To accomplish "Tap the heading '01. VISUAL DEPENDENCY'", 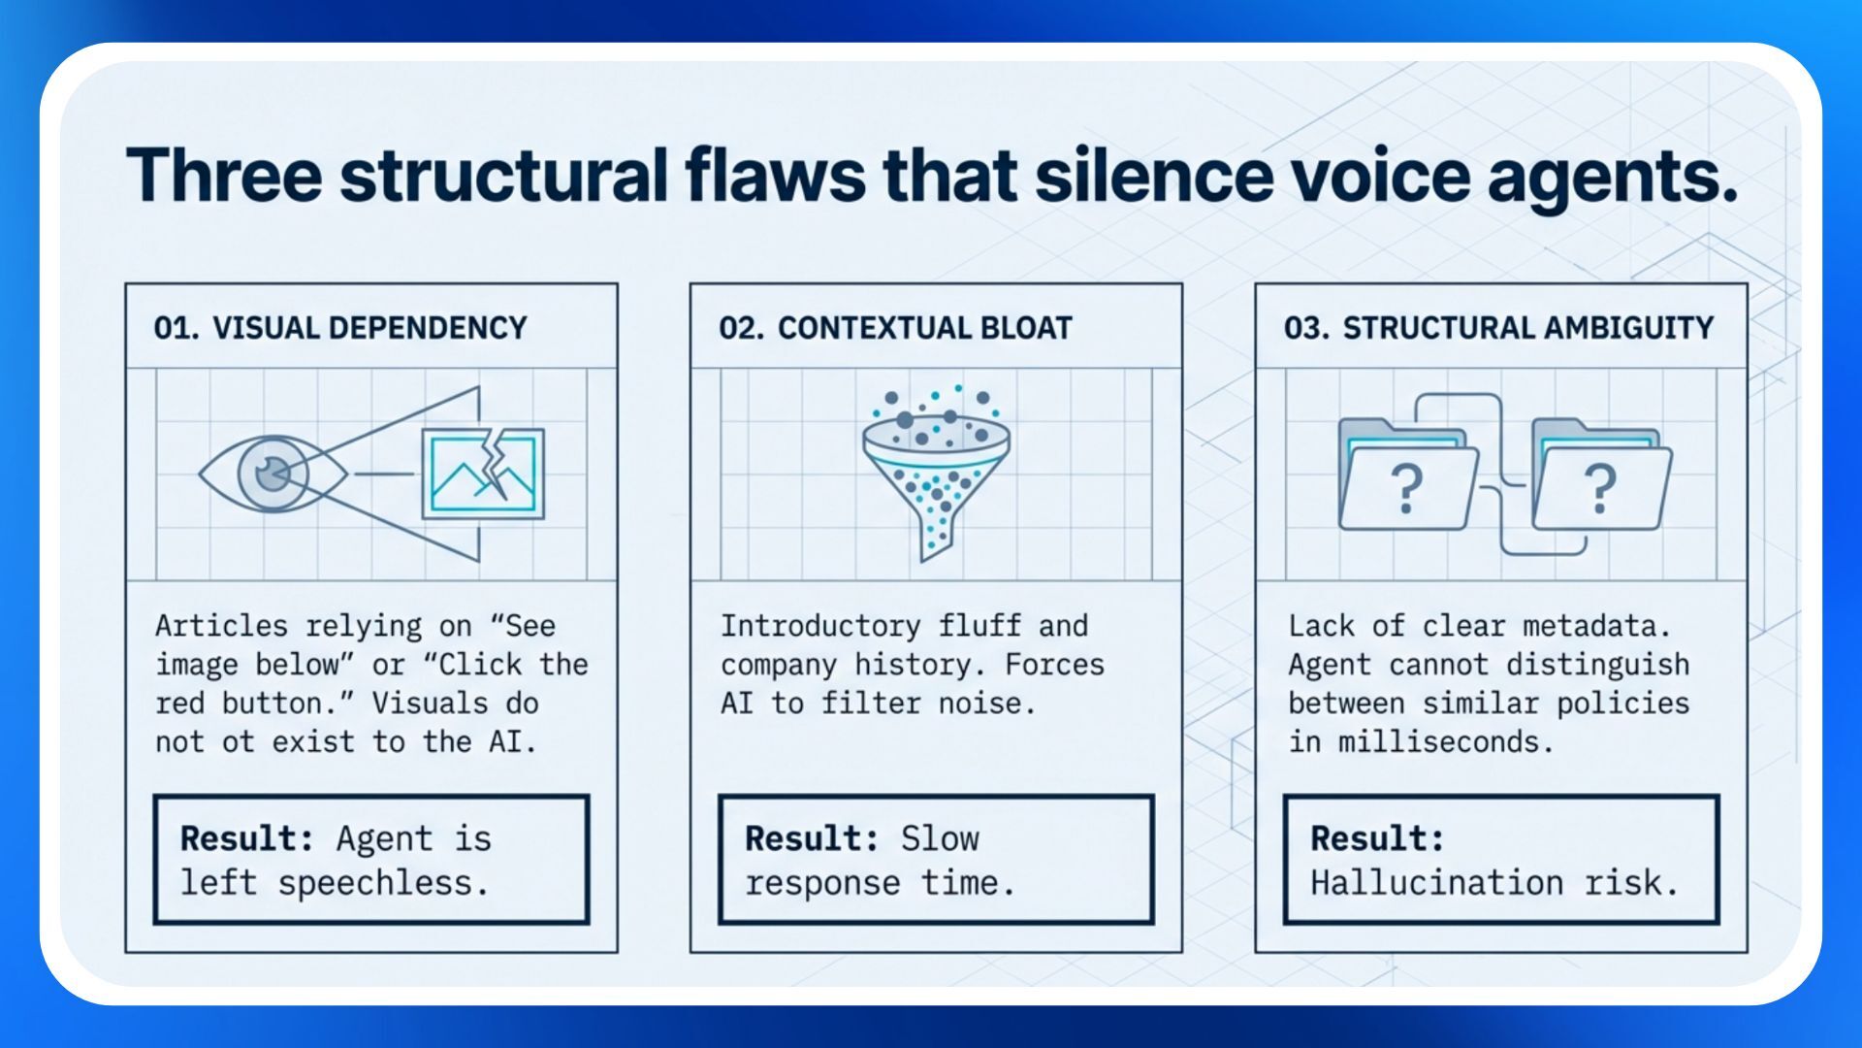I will pos(340,328).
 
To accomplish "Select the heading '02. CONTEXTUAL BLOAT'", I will pos(895,328).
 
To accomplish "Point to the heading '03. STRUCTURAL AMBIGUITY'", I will pos(1498,328).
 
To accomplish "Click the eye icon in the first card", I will pos(273,475).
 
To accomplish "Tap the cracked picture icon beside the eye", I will pos(483,475).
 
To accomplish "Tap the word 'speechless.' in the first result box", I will pos(383,883).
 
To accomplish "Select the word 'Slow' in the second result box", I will pos(940,838).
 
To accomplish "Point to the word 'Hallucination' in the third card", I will pos(1436,883).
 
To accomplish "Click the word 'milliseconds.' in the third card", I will pos(1446,742).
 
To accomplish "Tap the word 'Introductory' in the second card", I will pos(820,626).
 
